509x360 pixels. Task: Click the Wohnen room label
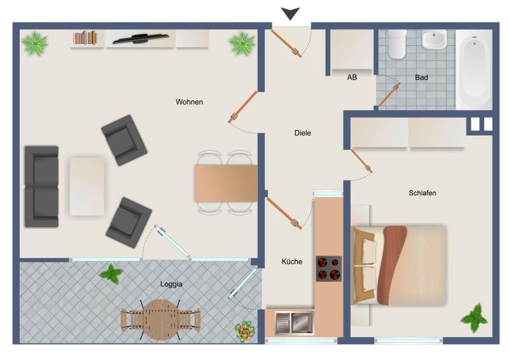(x=189, y=102)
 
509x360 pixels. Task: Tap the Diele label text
(x=303, y=133)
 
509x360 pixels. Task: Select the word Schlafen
(x=422, y=193)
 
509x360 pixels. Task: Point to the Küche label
(x=292, y=261)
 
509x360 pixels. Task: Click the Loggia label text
(x=171, y=284)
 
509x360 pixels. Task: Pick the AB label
(x=352, y=78)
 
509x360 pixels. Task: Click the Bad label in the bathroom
(x=421, y=78)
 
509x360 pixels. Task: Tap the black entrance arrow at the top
(x=291, y=13)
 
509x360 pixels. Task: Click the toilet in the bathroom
(x=398, y=44)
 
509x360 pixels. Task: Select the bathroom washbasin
(x=434, y=40)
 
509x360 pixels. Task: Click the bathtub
(x=474, y=70)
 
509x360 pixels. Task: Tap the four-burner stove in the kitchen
(x=329, y=268)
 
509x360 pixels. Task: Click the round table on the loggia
(x=160, y=319)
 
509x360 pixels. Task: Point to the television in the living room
(x=141, y=39)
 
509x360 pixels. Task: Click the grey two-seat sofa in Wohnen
(x=41, y=186)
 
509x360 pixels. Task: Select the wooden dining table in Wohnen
(x=225, y=183)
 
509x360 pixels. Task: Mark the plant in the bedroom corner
(x=474, y=317)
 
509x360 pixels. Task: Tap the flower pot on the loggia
(x=243, y=330)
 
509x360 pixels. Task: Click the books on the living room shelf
(x=85, y=38)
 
